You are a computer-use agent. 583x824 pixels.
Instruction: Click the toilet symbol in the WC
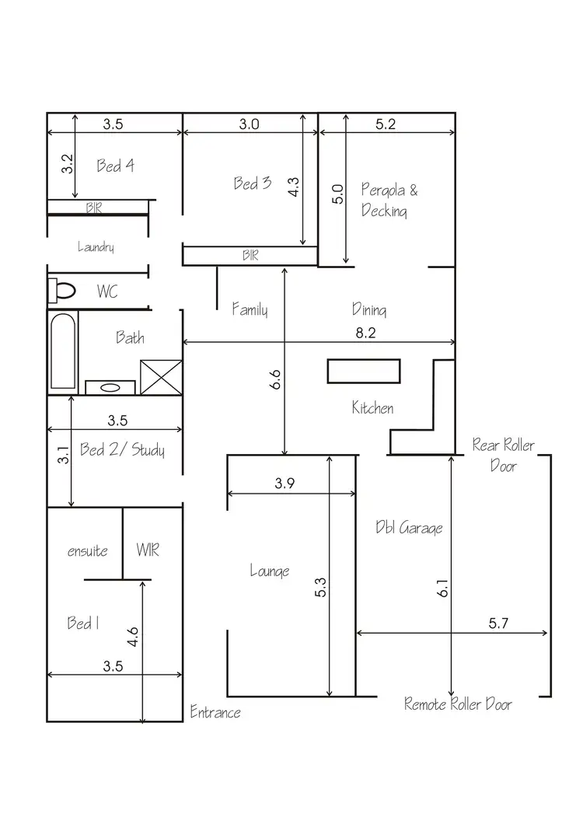[62, 291]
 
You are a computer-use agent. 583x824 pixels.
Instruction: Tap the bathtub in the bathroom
[63, 351]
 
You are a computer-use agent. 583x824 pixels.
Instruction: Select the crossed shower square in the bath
[160, 379]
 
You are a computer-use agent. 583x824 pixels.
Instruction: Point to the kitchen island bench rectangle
[364, 371]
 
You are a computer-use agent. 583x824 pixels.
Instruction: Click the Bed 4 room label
[116, 166]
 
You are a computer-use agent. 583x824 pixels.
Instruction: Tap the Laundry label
[96, 247]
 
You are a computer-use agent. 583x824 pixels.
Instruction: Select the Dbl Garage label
[408, 528]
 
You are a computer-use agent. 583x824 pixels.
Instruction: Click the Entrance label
[215, 712]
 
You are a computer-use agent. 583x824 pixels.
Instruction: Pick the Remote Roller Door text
[458, 704]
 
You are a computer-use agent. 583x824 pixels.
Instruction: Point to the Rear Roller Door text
[503, 455]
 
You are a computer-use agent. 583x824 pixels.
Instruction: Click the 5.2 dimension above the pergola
[386, 124]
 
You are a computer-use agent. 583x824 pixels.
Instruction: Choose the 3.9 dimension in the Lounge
[285, 483]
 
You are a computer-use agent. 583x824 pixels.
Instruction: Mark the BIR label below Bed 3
[250, 255]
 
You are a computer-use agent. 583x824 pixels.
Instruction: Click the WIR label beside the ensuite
[148, 550]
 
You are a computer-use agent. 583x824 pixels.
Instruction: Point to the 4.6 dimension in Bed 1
[134, 637]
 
